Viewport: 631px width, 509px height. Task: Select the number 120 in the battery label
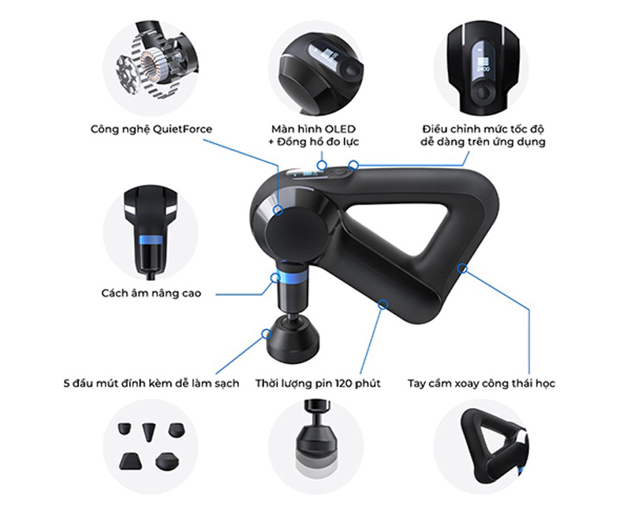343,383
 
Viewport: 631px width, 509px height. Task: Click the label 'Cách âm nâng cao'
151,293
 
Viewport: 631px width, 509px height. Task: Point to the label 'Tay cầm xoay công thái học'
481,383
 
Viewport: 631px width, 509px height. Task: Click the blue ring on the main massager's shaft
292,278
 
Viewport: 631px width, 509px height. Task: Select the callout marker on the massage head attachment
266,334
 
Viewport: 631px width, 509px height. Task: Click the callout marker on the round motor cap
278,210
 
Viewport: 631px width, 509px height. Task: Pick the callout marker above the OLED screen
322,165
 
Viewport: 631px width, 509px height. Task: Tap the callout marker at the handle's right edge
463,268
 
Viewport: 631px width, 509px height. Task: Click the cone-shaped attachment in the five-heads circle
148,432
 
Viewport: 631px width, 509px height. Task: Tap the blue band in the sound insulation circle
151,240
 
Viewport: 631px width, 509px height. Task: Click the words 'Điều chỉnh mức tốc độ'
483,129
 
